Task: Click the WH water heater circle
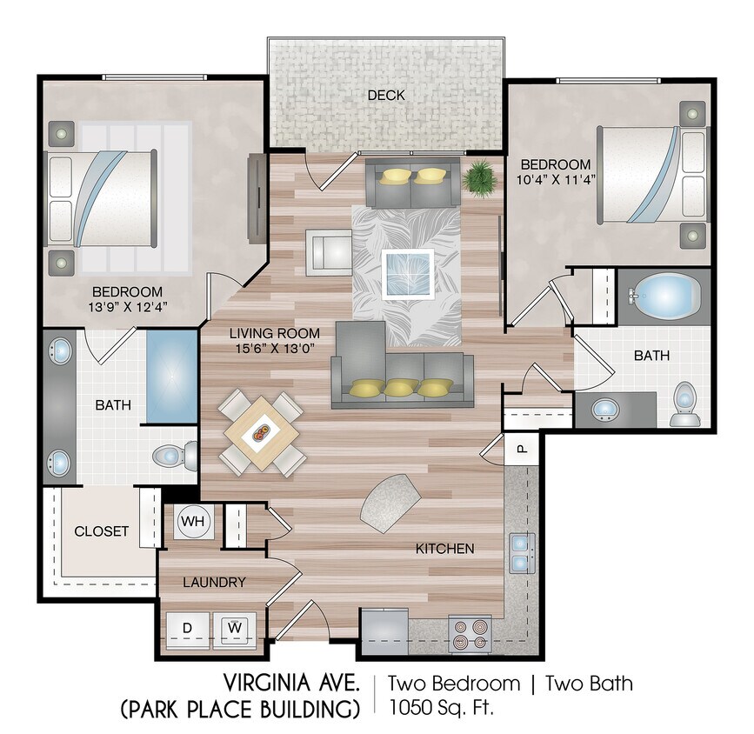pos(193,521)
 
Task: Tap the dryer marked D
pos(188,629)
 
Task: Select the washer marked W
pos(235,629)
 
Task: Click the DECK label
pos(386,96)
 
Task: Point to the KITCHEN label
pos(444,549)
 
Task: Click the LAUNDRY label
pos(214,582)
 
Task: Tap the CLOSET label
pos(102,531)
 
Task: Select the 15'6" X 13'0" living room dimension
pos(275,348)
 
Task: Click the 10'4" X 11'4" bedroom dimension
pos(556,180)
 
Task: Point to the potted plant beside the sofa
pos(479,178)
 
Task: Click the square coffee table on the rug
pos(408,274)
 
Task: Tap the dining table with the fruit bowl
pos(262,432)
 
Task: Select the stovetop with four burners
pos(470,634)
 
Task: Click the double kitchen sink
pos(522,553)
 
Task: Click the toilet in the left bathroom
pos(175,455)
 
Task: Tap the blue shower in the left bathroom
pos(171,377)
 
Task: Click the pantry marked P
pos(521,448)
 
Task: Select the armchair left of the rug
pos(330,252)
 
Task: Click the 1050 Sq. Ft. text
pos(442,707)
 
